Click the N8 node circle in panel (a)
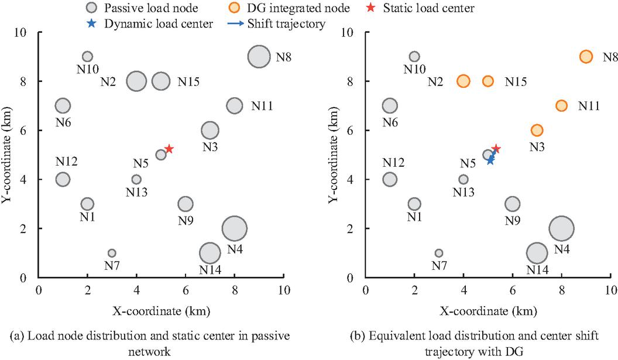[259, 56]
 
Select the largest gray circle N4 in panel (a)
[235, 228]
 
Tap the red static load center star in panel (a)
[169, 149]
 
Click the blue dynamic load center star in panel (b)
[490, 160]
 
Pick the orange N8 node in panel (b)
[586, 56]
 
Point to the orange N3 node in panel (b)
[537, 130]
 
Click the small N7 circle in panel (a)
[112, 253]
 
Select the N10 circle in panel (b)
[414, 56]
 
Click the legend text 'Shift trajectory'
[276, 23]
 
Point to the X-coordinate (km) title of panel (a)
[161, 311]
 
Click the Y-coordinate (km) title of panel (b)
[334, 155]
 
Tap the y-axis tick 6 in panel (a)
[23, 131]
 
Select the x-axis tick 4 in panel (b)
[463, 290]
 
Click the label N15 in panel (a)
[188, 81]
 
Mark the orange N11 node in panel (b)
[562, 105]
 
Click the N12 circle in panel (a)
[63, 179]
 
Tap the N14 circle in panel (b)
[537, 253]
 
